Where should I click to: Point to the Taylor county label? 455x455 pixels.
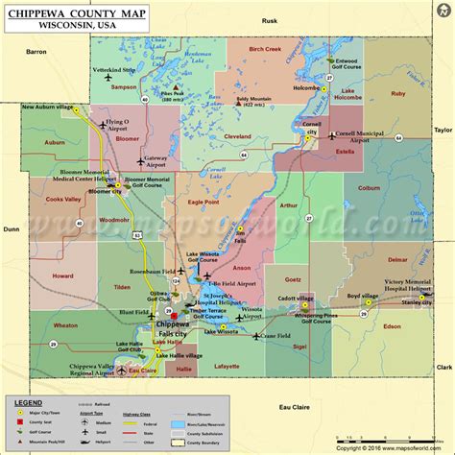(443, 129)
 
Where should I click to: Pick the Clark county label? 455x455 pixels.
(443, 367)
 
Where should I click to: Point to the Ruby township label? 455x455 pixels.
(398, 93)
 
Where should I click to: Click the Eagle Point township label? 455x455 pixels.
(204, 203)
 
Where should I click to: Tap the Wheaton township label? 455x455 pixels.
(66, 325)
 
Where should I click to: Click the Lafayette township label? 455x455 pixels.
(227, 366)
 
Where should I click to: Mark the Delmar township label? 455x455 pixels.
(396, 259)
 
